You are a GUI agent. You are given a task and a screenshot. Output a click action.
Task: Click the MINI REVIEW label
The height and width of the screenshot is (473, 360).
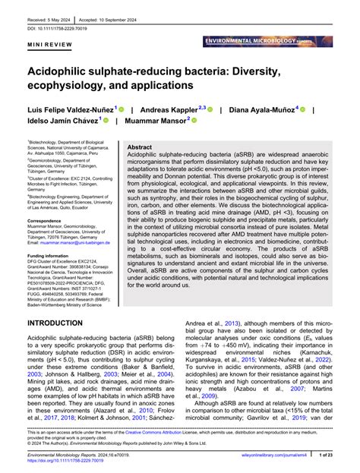[47, 45]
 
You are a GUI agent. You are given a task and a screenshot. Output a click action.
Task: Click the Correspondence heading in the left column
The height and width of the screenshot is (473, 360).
[49, 220]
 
